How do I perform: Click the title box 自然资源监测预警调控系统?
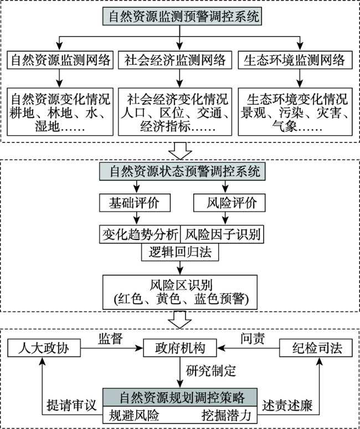tap(182, 17)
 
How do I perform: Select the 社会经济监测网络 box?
tap(175, 60)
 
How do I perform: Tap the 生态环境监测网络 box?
tap(295, 60)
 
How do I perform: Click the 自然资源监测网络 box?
tap(60, 60)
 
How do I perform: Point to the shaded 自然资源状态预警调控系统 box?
tap(182, 172)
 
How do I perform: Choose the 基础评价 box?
tap(135, 203)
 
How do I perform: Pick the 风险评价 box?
tap(229, 203)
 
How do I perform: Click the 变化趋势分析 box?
tap(140, 234)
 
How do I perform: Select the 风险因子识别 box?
tap(222, 234)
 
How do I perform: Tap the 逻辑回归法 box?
tap(180, 252)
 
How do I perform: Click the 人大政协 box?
tap(44, 348)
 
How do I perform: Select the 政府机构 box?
tap(180, 348)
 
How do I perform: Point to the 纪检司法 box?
tap(316, 348)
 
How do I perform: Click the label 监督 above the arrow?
tap(110, 339)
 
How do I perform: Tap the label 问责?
tap(253, 339)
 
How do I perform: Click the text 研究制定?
tap(211, 371)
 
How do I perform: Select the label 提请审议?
tap(71, 405)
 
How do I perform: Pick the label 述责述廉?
tap(287, 405)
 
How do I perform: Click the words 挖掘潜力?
tap(227, 415)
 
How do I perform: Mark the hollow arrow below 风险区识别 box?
tap(180, 320)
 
